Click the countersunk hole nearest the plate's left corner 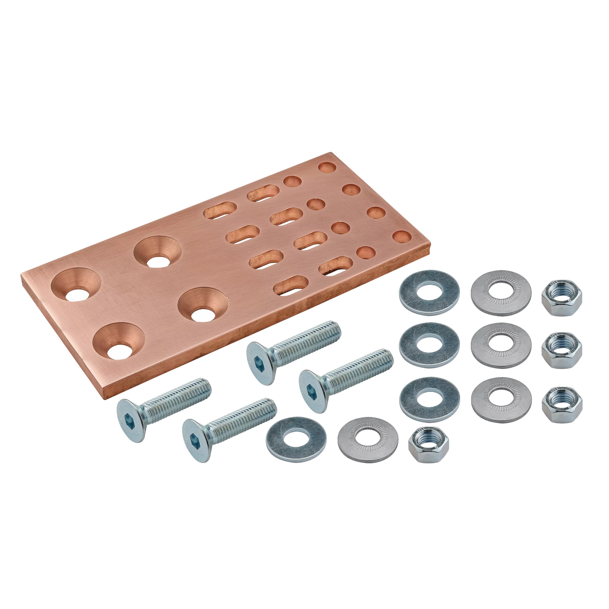tap(76, 285)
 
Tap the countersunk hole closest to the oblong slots tap(158, 252)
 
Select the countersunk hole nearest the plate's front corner tap(119, 341)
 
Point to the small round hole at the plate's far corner tap(327, 167)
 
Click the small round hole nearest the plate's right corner tap(402, 237)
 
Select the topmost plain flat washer tap(429, 292)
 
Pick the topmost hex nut tap(561, 298)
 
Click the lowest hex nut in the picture tap(429, 445)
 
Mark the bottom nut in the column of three tap(562, 405)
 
